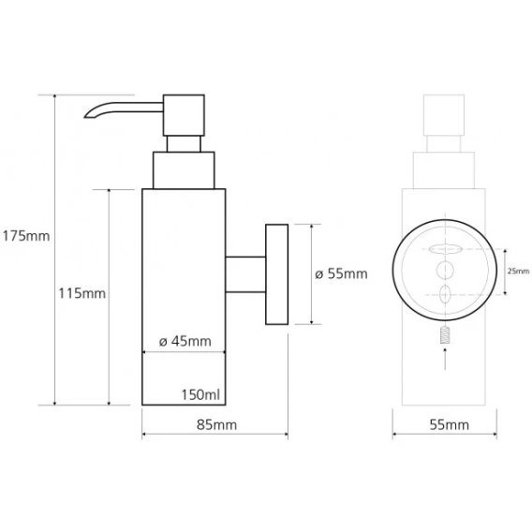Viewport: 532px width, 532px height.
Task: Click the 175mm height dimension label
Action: tap(26, 236)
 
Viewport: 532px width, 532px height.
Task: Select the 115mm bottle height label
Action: tap(81, 293)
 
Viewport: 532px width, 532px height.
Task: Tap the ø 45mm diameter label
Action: tap(185, 341)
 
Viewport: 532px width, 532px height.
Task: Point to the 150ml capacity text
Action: tap(200, 394)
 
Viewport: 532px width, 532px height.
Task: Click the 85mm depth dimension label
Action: tap(216, 425)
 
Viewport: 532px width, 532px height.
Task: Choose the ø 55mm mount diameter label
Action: tap(341, 273)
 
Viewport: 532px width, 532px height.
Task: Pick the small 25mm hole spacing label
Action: tap(518, 271)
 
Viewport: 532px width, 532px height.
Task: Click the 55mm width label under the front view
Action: tap(450, 425)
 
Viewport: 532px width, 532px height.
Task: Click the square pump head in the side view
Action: tap(184, 115)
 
